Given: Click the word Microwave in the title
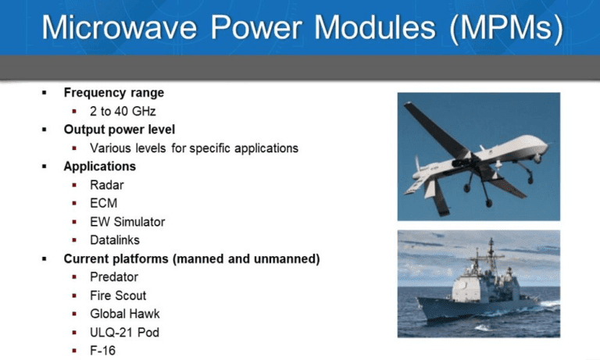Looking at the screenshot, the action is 119,27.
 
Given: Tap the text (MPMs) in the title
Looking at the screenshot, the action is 506,28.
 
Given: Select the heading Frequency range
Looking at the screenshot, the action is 113,93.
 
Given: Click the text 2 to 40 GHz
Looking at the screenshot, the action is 123,112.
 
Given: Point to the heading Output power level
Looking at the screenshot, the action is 120,130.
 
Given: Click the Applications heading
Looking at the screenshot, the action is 100,166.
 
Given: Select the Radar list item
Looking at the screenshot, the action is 107,185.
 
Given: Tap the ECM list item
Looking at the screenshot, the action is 104,203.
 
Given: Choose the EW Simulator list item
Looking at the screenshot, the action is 127,222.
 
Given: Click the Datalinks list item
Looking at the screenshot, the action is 115,241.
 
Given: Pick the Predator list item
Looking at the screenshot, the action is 114,277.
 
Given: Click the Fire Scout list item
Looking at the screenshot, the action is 118,296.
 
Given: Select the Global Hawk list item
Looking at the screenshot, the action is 125,314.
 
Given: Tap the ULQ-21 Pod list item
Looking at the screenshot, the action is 124,333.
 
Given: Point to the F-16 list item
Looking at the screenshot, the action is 102,351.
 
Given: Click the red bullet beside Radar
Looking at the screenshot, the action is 74,185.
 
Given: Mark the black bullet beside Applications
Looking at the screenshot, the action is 45,166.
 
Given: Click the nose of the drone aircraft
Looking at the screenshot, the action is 546,144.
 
